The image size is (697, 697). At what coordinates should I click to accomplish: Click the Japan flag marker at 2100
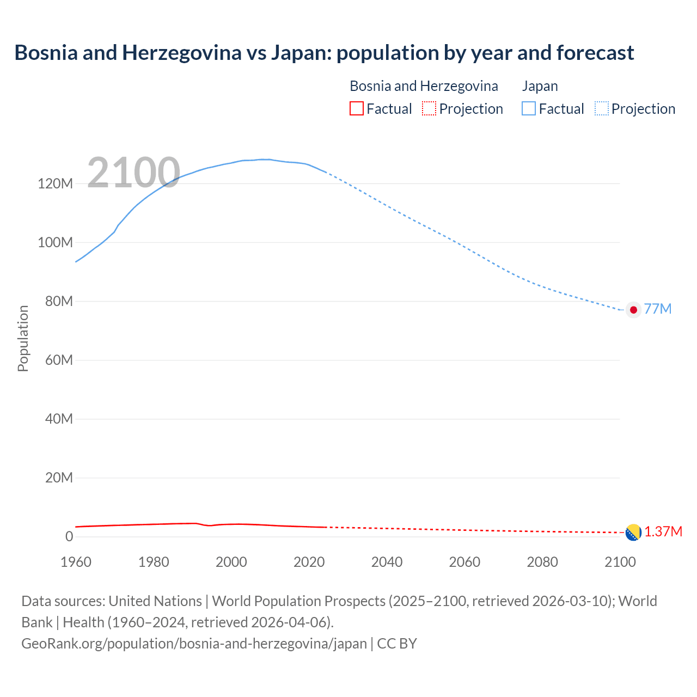coord(633,310)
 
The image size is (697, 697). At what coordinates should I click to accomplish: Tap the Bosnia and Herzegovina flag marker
coord(633,533)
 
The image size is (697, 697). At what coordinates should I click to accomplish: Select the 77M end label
coord(658,309)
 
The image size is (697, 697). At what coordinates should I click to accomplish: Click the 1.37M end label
coord(663,532)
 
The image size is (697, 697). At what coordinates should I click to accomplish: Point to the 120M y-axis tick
coord(55,184)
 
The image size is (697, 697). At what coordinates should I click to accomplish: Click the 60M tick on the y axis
coord(58,360)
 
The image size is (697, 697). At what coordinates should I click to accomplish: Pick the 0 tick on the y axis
coord(69,537)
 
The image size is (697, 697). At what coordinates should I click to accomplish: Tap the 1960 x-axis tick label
coord(76,562)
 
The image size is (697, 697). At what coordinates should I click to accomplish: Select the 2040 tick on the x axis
coord(387,562)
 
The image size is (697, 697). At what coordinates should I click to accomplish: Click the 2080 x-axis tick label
coord(542,562)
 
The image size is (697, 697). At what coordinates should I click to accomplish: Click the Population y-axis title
coord(23,338)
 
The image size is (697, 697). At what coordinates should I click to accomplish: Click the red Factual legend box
coord(356,109)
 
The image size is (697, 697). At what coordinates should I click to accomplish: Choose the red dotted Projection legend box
coord(429,109)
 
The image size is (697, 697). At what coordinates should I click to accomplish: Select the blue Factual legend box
coord(528,109)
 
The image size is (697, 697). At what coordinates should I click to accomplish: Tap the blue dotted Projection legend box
coord(601,109)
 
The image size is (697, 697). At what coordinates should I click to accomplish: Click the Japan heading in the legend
coord(540,86)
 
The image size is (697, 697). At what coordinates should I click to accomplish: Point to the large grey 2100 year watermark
coord(133,173)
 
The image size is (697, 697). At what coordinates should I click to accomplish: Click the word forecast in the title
coord(595,53)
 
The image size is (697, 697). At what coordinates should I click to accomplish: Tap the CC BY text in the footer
coord(397,644)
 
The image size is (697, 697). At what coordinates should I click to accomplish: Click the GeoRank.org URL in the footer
coord(194,644)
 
